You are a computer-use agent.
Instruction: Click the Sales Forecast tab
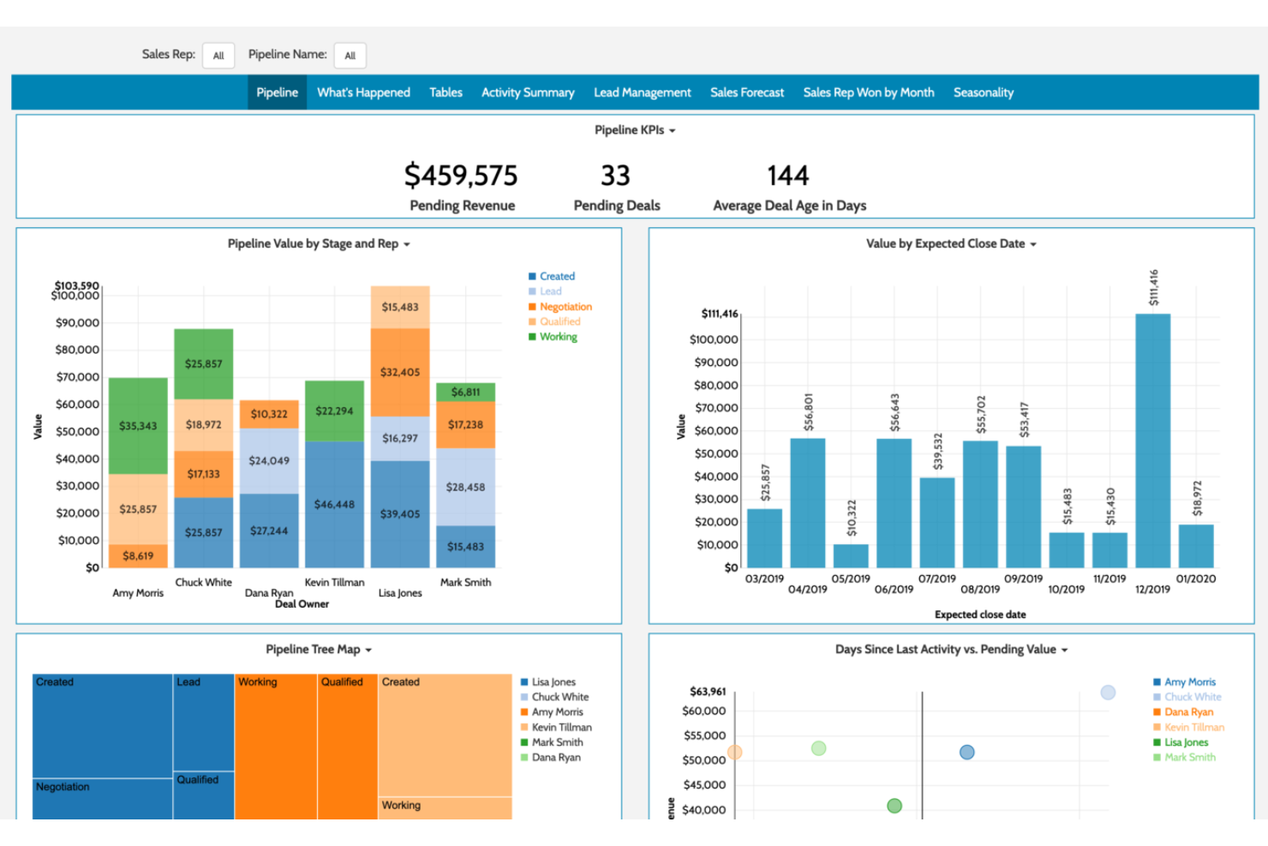746,93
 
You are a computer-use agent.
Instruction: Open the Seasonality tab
983,93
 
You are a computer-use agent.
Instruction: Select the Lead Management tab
642,93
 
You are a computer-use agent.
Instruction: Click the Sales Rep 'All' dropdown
218,56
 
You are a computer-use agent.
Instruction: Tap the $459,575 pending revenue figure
461,176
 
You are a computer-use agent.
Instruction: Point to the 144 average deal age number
787,176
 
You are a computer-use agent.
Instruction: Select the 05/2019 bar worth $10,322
851,555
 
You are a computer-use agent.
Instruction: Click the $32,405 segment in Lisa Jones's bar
400,372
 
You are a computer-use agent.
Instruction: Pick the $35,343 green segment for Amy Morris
138,426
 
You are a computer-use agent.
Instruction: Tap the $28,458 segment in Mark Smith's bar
465,487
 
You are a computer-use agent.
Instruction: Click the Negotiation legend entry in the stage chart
565,307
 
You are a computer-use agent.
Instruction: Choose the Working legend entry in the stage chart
558,337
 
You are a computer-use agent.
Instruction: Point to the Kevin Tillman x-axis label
334,583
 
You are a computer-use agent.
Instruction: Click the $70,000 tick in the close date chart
715,408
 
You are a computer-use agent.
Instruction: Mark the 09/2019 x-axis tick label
1023,579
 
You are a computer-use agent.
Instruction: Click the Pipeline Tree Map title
313,650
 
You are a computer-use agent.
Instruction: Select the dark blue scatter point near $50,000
966,752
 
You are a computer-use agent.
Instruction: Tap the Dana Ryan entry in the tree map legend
555,758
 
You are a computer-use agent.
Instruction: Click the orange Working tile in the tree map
276,746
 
